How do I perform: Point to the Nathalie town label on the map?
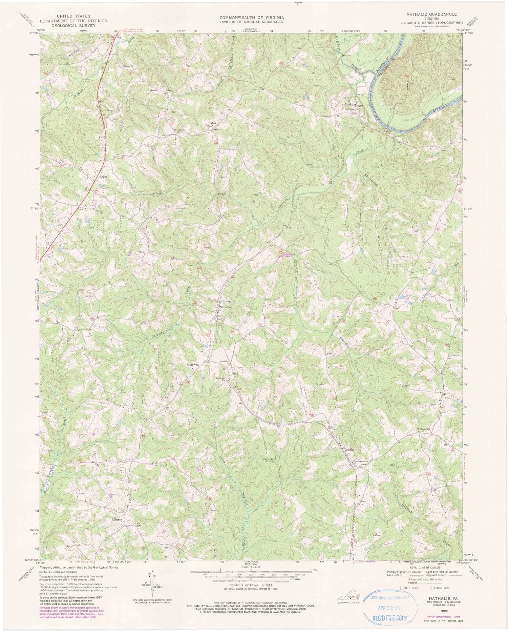pos(225,307)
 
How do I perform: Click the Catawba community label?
pos(193,365)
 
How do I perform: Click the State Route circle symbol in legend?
pos(433,588)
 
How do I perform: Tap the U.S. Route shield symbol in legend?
pos(402,588)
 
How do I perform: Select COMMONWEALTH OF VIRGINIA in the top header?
pos(251,17)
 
